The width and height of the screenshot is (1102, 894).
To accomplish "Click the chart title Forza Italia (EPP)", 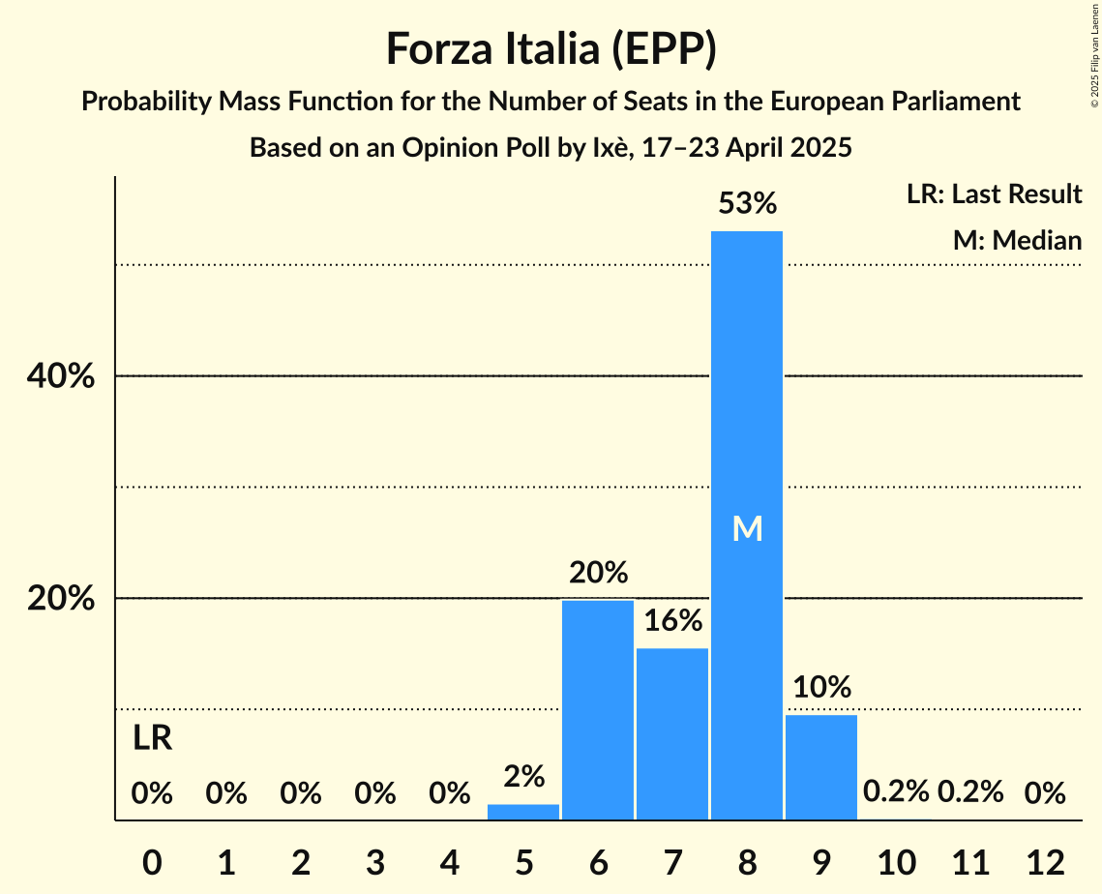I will pyautogui.click(x=551, y=49).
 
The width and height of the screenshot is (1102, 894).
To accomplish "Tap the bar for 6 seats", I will pyautogui.click(x=598, y=710).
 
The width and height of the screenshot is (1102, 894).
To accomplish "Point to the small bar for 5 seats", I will pyautogui.click(x=523, y=812).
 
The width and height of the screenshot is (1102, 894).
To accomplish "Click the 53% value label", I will pyautogui.click(x=747, y=204).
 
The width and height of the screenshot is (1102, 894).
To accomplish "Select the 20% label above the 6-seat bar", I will pyautogui.click(x=598, y=573).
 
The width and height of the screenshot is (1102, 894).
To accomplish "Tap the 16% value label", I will pyautogui.click(x=672, y=620).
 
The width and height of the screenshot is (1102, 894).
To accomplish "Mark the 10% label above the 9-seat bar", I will pyautogui.click(x=821, y=687).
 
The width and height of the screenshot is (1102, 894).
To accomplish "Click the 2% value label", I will pyautogui.click(x=523, y=776).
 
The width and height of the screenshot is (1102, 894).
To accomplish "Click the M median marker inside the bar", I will pyautogui.click(x=747, y=528).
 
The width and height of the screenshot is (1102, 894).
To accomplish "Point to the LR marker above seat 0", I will pyautogui.click(x=152, y=739).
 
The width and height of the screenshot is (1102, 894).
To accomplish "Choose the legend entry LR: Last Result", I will pyautogui.click(x=994, y=194).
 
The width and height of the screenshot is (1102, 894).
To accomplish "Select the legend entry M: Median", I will pyautogui.click(x=1017, y=240).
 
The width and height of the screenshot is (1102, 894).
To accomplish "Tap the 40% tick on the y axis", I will pyautogui.click(x=61, y=376).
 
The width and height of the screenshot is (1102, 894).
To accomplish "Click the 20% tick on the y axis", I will pyautogui.click(x=61, y=599).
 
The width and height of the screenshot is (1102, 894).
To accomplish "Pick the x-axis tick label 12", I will pyautogui.click(x=1045, y=861).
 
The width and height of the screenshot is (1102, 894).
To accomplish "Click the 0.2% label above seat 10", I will pyautogui.click(x=896, y=792).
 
